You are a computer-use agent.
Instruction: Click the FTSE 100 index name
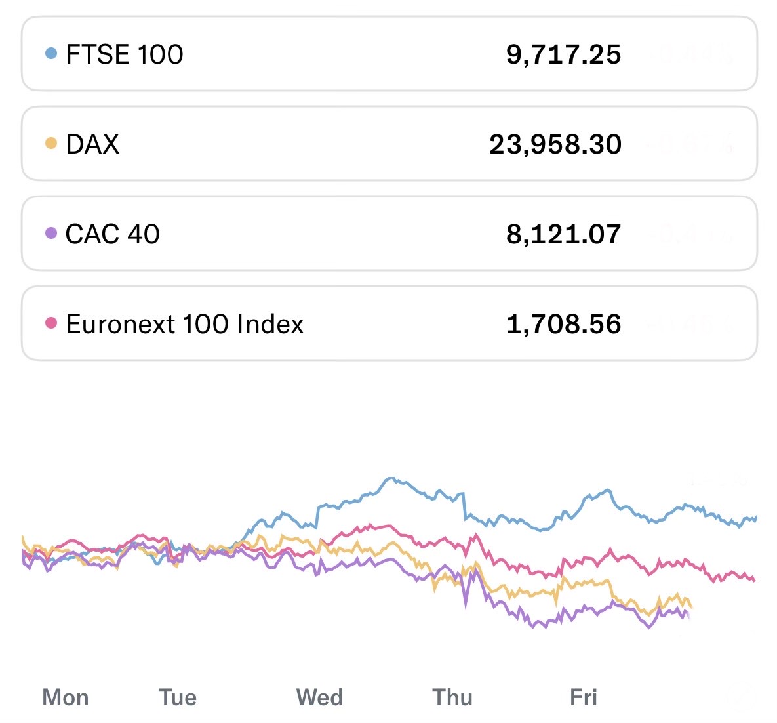[x=124, y=54]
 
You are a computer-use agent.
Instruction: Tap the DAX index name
[x=92, y=144]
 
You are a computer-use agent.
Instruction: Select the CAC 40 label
[x=112, y=234]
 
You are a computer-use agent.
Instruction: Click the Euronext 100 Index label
[x=184, y=324]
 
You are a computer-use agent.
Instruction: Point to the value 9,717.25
[x=563, y=54]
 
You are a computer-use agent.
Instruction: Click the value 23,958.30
[x=555, y=144]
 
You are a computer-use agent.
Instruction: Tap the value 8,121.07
[x=563, y=234]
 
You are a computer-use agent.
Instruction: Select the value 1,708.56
[x=563, y=324]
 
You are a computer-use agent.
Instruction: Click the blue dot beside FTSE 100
[x=51, y=53]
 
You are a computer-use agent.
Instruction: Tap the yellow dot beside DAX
[x=51, y=143]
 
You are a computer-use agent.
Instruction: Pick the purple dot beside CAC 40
[x=51, y=233]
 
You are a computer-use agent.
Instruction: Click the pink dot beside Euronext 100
[x=51, y=323]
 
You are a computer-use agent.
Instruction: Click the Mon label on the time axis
[x=66, y=697]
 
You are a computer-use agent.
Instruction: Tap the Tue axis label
[x=178, y=697]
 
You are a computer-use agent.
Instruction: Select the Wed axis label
[x=319, y=697]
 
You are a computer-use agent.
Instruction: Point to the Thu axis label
[x=452, y=697]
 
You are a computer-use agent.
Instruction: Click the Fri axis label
[x=584, y=697]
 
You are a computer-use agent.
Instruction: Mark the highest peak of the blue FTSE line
[x=391, y=478]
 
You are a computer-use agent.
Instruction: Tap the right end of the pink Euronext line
[x=755, y=580]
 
